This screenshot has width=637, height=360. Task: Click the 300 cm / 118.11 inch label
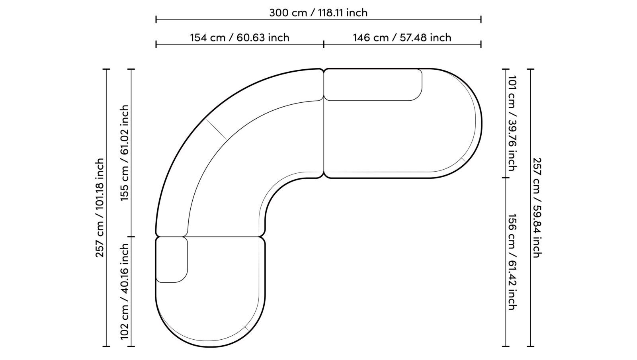(x=318, y=13)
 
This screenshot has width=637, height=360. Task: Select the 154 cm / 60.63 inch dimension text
(x=239, y=37)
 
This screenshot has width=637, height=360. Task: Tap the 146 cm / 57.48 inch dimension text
(x=402, y=37)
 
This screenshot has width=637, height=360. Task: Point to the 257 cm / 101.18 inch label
(x=100, y=207)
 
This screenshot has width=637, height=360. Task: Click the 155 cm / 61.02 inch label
(x=125, y=153)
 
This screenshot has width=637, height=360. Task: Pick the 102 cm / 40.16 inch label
(x=125, y=292)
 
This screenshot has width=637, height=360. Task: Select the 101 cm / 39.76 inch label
(x=512, y=123)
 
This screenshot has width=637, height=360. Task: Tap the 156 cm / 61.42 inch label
(x=512, y=262)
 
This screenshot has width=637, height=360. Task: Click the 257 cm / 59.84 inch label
(x=537, y=207)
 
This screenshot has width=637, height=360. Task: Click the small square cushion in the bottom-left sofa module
(x=171, y=259)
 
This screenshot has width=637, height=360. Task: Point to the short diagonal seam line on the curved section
(x=216, y=129)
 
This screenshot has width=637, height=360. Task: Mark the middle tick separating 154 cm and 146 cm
(x=324, y=44)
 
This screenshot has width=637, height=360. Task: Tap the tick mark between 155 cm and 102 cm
(x=131, y=237)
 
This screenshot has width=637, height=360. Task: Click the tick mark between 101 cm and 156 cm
(x=506, y=178)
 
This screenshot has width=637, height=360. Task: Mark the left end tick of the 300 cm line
(x=156, y=19)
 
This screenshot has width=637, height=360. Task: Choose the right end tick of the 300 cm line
(x=481, y=19)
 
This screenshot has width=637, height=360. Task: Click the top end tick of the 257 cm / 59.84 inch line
(x=531, y=69)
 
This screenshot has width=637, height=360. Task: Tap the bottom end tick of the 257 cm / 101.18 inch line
(x=106, y=346)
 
